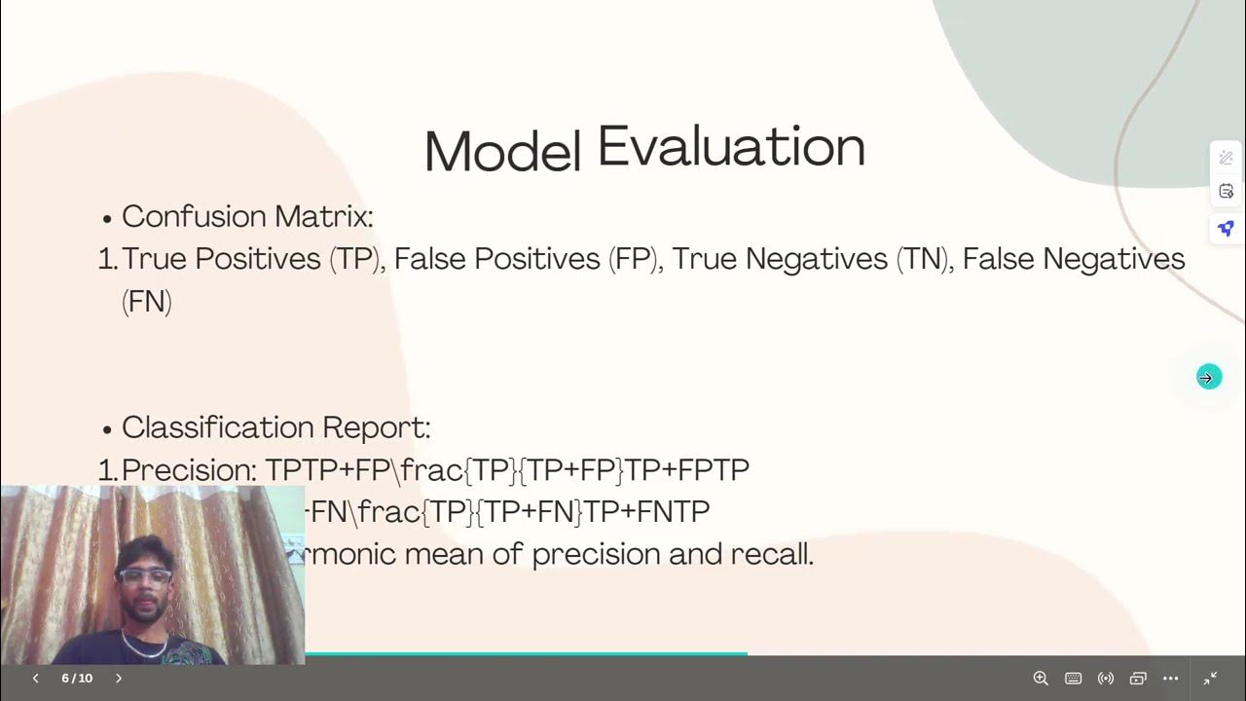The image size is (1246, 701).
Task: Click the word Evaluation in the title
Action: (731, 147)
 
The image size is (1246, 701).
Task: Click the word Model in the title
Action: (501, 153)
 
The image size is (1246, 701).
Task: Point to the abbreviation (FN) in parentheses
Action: (147, 302)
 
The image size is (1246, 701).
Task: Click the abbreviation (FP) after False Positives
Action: (635, 259)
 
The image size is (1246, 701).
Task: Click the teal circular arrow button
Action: (1208, 378)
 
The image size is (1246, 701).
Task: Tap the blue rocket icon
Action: (1226, 229)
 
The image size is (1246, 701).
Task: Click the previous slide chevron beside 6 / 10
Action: (36, 679)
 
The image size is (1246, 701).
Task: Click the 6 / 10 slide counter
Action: (77, 679)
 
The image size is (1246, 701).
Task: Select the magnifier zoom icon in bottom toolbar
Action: (1041, 679)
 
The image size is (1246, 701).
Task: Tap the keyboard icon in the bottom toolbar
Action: (1073, 679)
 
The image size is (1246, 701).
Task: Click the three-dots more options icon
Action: (1170, 679)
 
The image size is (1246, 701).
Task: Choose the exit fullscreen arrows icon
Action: (1211, 679)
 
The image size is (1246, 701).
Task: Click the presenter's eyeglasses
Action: (144, 576)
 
